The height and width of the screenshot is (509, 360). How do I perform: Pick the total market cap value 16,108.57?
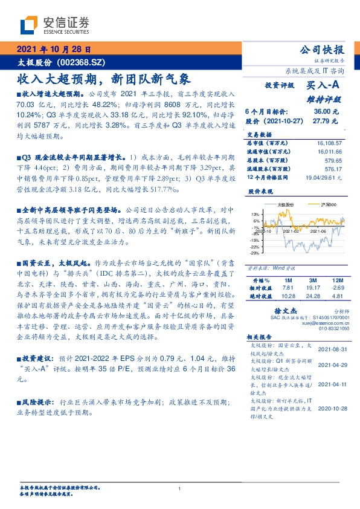pos(329,143)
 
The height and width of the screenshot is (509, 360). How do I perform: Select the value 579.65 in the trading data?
pos(333,161)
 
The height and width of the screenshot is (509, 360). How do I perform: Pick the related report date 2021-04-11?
pos(332,384)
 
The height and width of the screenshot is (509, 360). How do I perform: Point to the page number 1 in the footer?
pos(180,488)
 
